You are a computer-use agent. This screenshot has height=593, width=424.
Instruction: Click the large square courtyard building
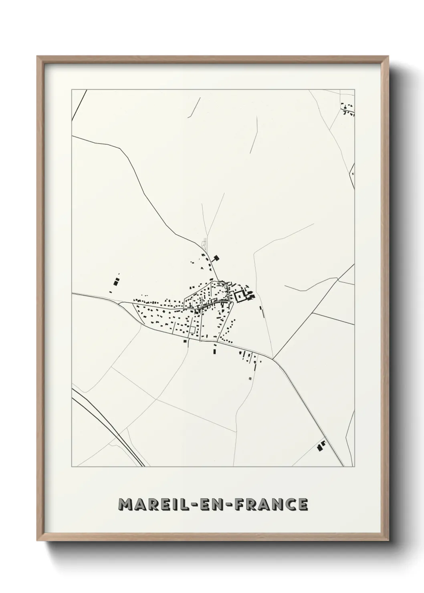tap(240, 297)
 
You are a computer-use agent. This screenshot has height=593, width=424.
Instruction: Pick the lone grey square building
tap(250, 377)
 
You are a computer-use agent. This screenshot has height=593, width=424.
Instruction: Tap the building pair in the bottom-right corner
tap(321, 446)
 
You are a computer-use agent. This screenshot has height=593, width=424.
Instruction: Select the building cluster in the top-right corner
tap(347, 109)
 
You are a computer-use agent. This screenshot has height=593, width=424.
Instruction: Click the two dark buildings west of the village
tap(116, 281)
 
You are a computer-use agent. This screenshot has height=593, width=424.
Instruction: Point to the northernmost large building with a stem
tap(217, 258)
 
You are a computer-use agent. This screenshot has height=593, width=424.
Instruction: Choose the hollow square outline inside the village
tap(193, 329)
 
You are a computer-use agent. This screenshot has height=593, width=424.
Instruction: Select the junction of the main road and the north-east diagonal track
tap(273, 358)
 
